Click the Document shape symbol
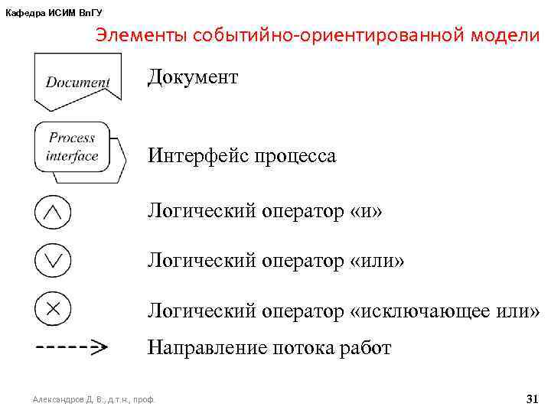[x=77, y=81]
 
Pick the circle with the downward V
[x=53, y=261]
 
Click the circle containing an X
[x=53, y=309]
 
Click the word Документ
[x=193, y=78]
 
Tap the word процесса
[x=295, y=157]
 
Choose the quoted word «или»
[x=377, y=262]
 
